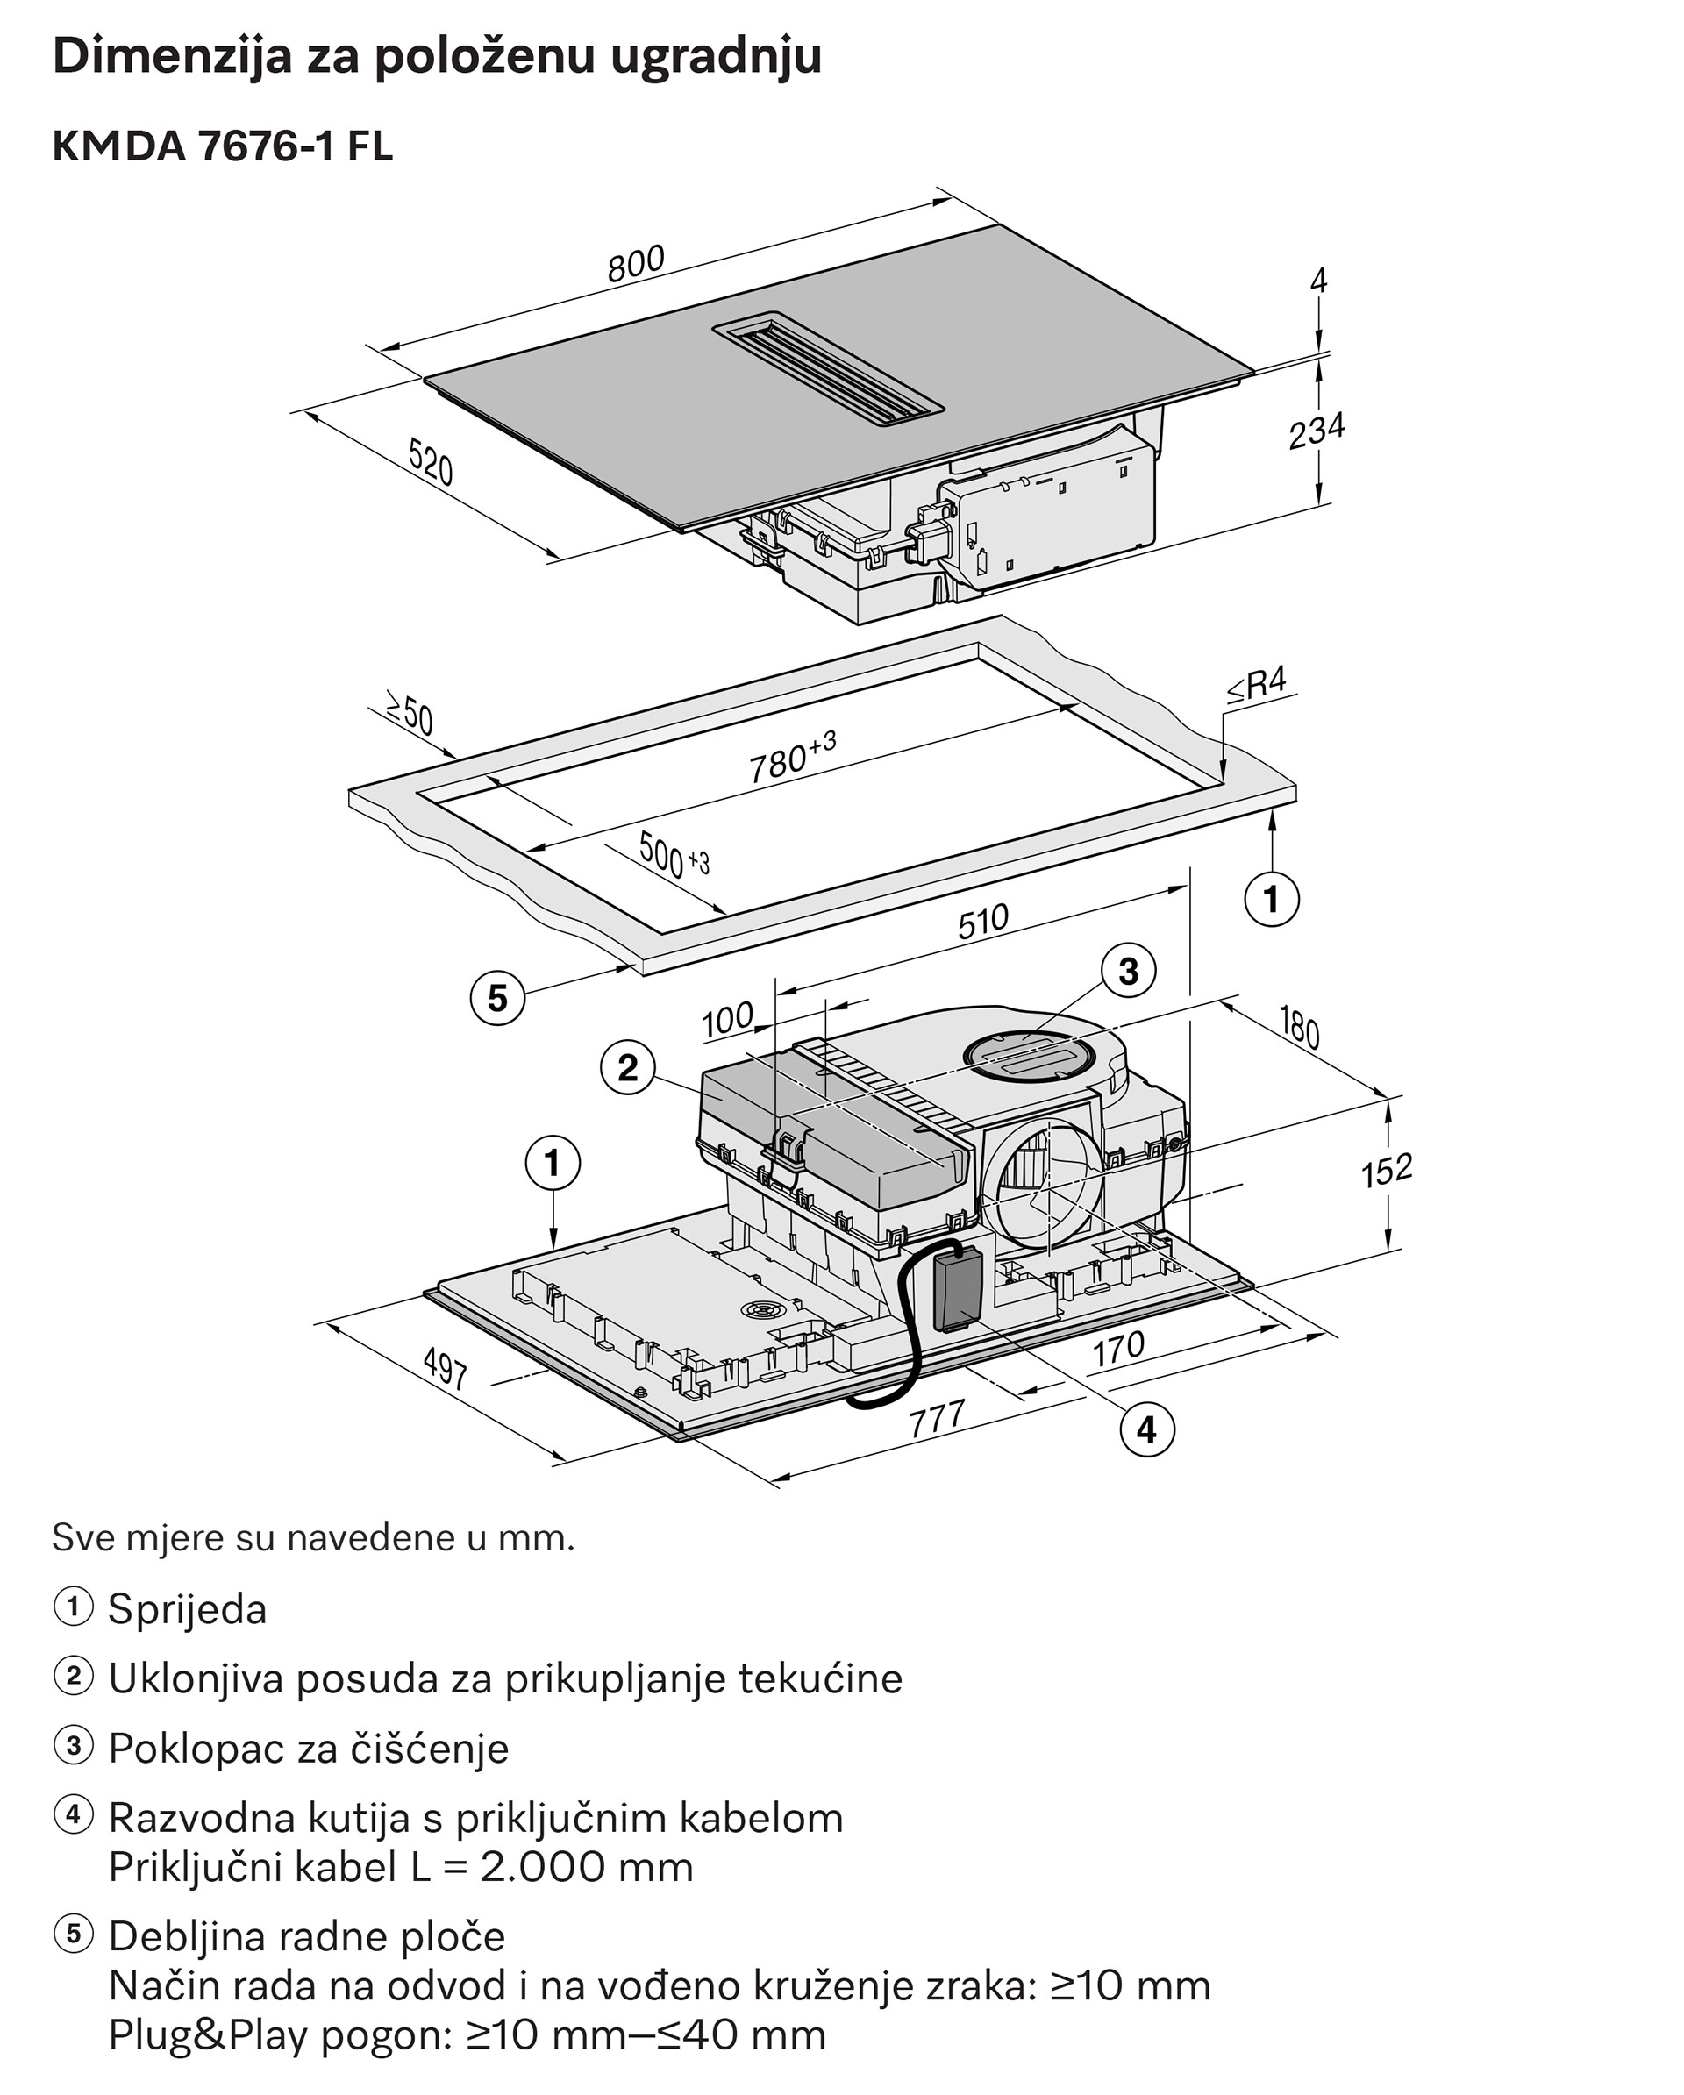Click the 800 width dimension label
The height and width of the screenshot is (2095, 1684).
click(637, 263)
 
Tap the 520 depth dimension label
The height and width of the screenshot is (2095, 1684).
click(431, 461)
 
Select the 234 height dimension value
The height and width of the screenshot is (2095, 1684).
click(1316, 431)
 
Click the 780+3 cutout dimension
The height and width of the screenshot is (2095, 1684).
click(792, 757)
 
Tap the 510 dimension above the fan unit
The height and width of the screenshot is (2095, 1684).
click(983, 921)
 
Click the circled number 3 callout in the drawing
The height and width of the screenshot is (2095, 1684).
click(1128, 971)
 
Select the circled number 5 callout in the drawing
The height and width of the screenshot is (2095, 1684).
click(497, 998)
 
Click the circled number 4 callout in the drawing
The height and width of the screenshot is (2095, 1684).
click(1146, 1429)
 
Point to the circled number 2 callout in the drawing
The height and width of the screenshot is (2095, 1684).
click(628, 1068)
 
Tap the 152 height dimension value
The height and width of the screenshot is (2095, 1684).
click(1386, 1171)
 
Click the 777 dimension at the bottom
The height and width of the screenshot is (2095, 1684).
click(937, 1419)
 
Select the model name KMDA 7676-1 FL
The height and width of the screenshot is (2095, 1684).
click(223, 146)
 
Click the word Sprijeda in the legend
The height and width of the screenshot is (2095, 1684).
click(187, 1610)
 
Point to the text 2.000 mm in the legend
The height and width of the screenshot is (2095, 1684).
click(586, 1867)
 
